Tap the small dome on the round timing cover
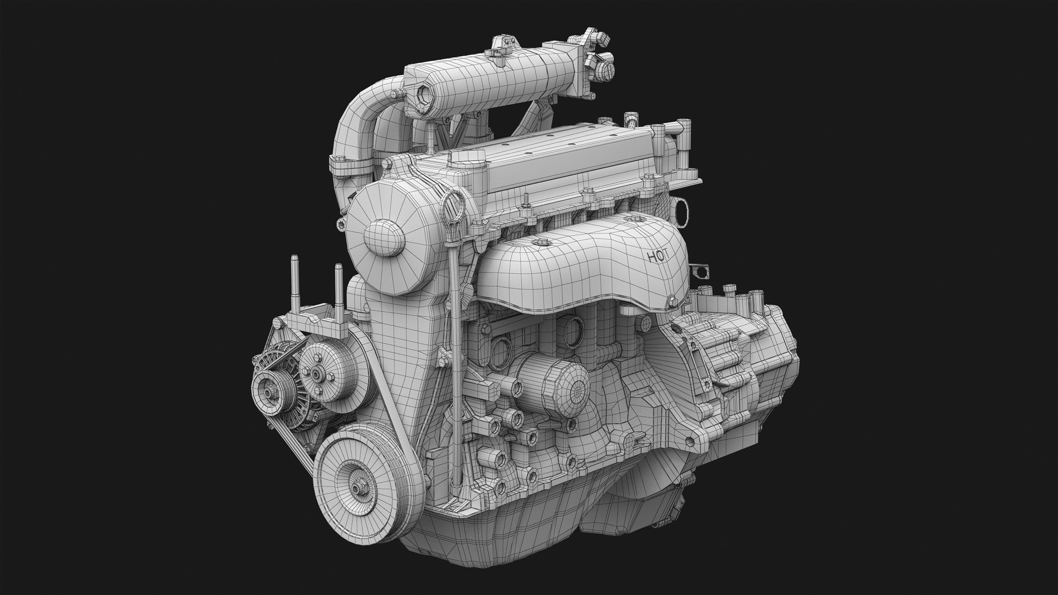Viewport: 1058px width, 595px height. (384, 238)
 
